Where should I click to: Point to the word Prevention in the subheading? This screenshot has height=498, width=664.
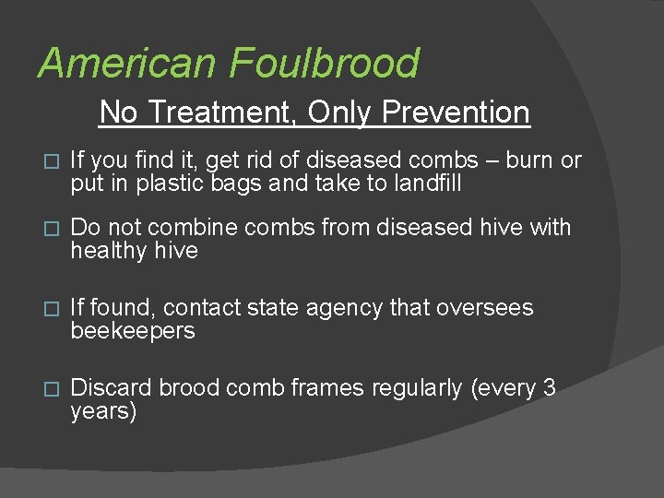[x=456, y=113]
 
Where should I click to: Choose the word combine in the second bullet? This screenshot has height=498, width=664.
[x=192, y=228]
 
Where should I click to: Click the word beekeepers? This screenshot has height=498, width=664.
[x=133, y=331]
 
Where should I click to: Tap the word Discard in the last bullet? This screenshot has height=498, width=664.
[x=112, y=388]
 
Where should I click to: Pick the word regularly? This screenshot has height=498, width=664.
[x=417, y=388]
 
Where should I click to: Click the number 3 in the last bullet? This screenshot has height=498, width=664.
[x=550, y=388]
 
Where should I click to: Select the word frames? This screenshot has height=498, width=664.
[x=322, y=388]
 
